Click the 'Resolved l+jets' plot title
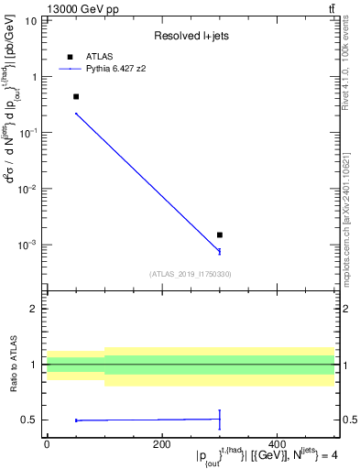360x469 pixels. point(191,36)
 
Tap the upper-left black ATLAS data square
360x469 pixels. point(76,96)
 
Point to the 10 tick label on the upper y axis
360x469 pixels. point(31,19)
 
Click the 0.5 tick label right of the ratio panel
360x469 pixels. point(350,420)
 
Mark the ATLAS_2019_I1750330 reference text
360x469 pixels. point(191,274)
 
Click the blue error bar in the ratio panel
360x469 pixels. point(220,419)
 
